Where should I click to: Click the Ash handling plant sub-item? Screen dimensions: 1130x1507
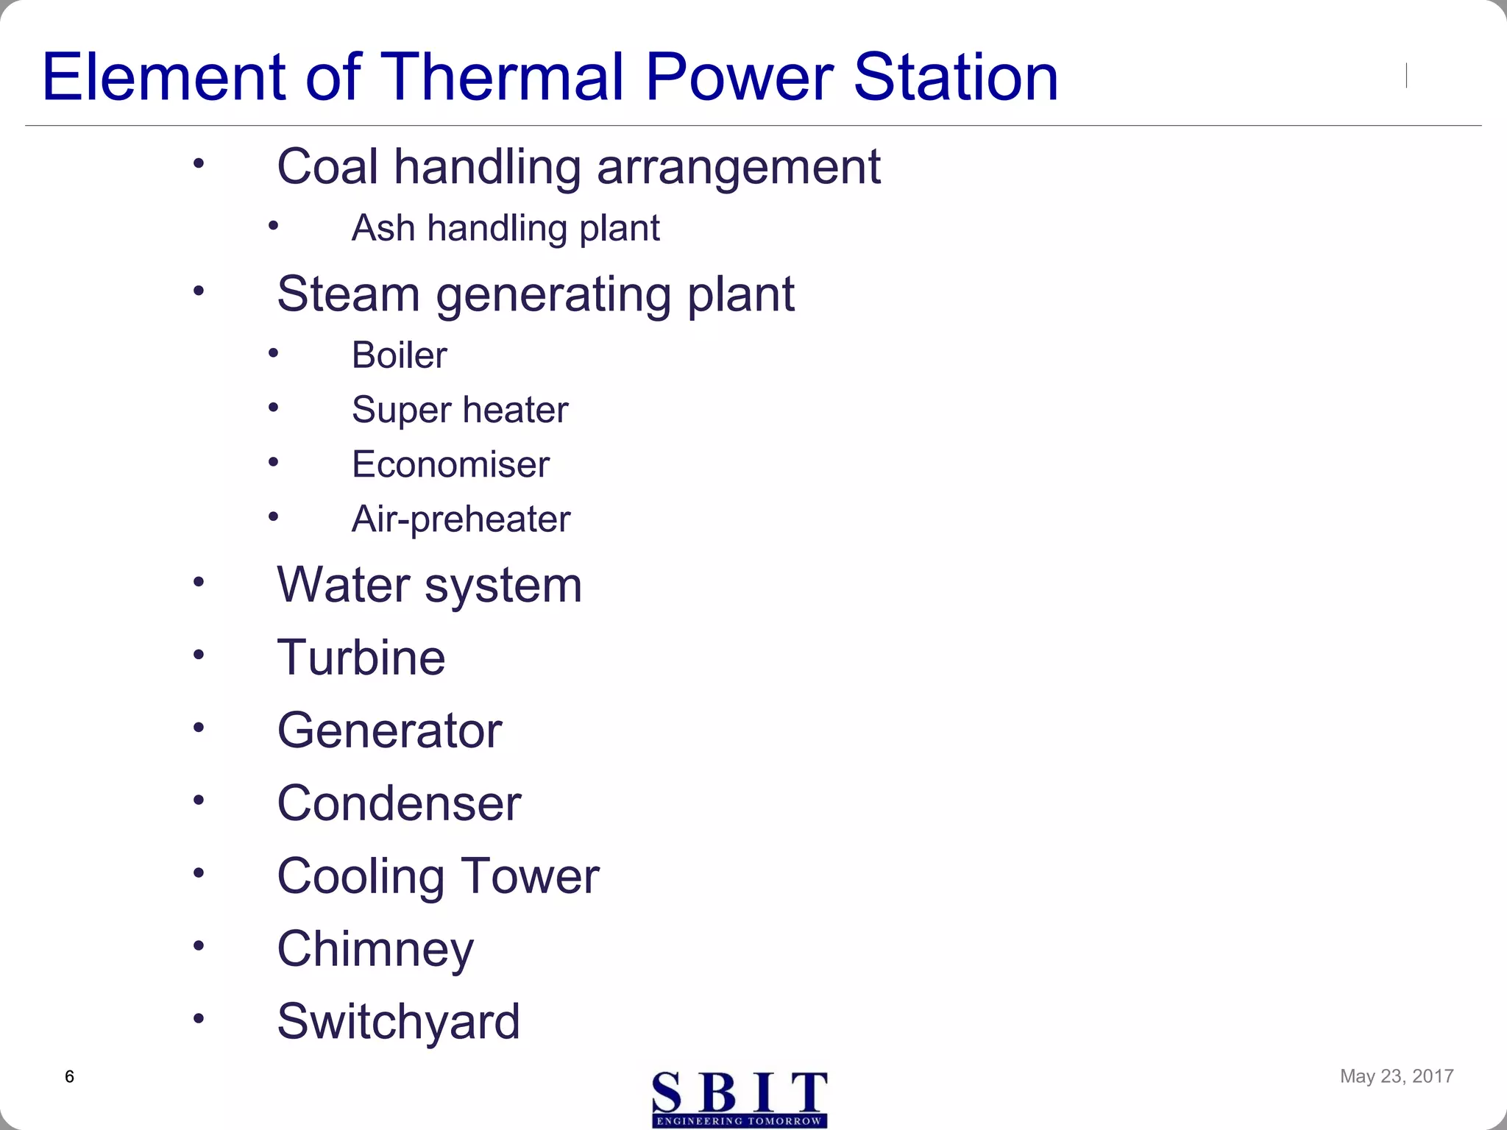(x=506, y=228)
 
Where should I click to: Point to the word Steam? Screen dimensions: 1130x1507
(x=348, y=294)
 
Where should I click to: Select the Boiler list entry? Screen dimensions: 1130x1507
(x=400, y=355)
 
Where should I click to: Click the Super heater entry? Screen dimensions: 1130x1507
(x=460, y=410)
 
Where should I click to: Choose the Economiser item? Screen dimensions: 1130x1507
(x=450, y=464)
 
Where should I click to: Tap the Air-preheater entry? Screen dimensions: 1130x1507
(x=461, y=519)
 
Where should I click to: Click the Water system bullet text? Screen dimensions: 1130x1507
(x=429, y=586)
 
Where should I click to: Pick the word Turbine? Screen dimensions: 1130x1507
(x=361, y=657)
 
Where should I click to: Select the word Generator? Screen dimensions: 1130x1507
(x=389, y=731)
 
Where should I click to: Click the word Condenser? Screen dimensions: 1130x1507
(x=399, y=803)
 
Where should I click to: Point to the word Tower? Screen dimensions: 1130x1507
(x=531, y=876)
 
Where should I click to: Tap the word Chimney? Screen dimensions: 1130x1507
(x=375, y=949)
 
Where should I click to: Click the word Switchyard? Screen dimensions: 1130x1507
(x=398, y=1021)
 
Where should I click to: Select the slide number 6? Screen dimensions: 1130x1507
(x=70, y=1077)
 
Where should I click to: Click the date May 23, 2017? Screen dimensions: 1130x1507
(x=1396, y=1076)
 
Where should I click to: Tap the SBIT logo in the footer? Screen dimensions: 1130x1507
(x=740, y=1099)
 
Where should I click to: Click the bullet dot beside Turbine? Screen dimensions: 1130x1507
(x=199, y=654)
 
